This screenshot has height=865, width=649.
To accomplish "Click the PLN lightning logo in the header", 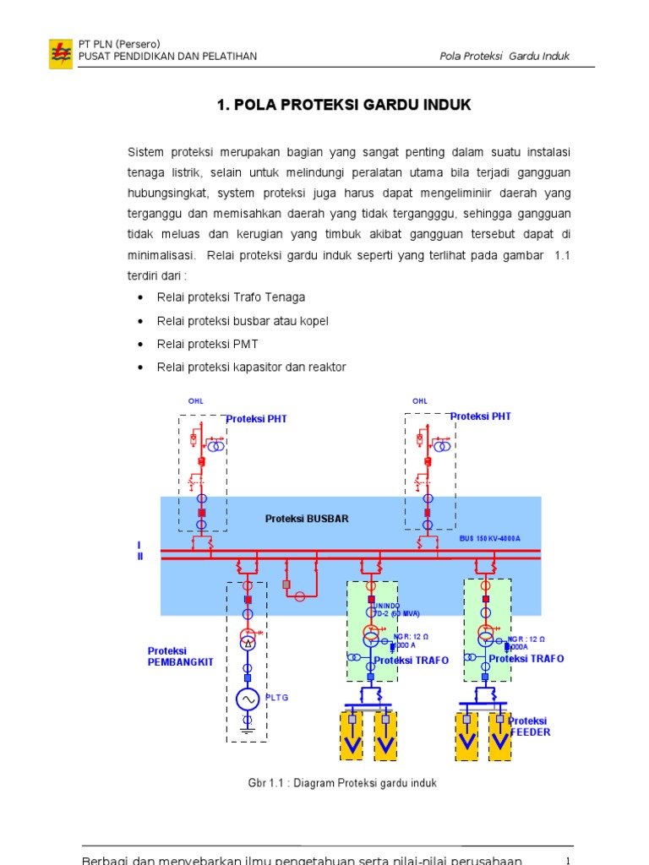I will point(60,52).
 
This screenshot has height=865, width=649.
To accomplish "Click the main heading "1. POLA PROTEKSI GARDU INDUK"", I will point(344,105).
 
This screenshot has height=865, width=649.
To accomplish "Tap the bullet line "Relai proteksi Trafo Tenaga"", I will point(231,297).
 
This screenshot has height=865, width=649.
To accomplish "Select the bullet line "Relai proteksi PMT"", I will point(207,344).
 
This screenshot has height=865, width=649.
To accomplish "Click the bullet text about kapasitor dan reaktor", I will point(251,367).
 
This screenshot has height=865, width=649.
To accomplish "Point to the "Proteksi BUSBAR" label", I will point(307,519).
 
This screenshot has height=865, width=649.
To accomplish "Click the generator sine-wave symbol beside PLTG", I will point(248,699).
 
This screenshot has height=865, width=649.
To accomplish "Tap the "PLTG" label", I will point(278,698).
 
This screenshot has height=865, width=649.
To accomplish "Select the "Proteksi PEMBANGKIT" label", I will point(180,656).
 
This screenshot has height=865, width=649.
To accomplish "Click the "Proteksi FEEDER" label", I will point(530,726).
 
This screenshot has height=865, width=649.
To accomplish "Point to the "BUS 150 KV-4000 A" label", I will point(490,538).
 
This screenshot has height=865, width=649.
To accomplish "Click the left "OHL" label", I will point(195,400).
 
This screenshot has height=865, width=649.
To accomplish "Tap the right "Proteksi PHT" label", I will point(481,416).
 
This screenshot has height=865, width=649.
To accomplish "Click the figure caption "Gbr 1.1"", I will point(341,783).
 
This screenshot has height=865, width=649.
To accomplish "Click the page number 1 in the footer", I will point(569,860).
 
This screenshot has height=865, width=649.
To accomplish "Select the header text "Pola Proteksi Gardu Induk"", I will point(504,57).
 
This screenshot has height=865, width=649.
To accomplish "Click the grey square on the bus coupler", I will point(286,585).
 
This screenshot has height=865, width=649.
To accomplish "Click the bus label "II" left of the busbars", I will point(140,556).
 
